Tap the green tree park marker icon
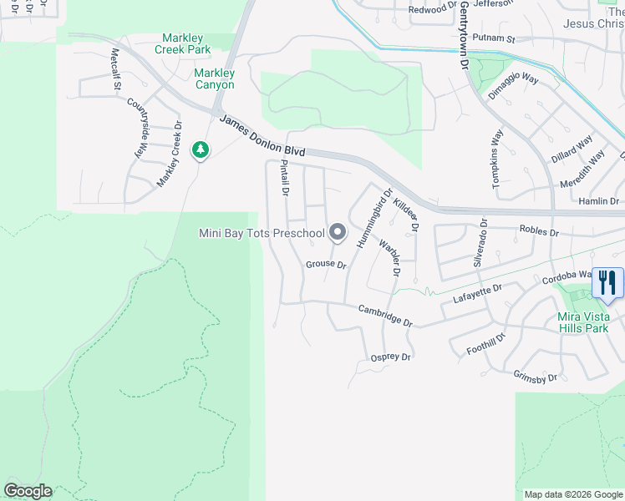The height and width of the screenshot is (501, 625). coord(200,150)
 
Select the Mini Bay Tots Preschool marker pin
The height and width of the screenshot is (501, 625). coord(338,232)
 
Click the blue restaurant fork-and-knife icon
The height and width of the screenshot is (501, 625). coord(607,282)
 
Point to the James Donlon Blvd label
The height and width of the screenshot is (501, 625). coord(262,135)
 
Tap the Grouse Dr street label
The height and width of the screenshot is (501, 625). coord(325,264)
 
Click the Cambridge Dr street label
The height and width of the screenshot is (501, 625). coord(385,315)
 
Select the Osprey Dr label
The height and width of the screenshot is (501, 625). coord(390,357)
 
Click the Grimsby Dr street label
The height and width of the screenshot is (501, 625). coord(536,377)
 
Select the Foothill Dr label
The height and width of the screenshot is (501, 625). coord(486,343)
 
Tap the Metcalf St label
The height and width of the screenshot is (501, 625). coord(117,69)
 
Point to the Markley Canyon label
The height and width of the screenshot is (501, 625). coord(203,79)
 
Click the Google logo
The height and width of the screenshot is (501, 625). coord(28,491)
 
